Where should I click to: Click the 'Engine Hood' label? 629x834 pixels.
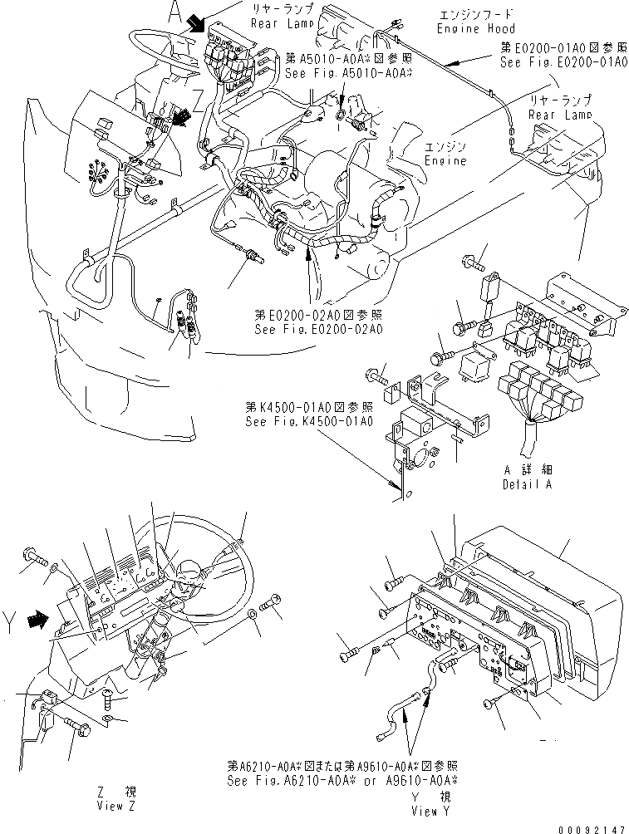pyautogui.click(x=469, y=29)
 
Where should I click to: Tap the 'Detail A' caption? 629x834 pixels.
pyautogui.click(x=526, y=483)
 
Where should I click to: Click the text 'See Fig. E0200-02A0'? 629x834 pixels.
pyautogui.click(x=319, y=329)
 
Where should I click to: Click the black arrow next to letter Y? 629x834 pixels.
pyautogui.click(x=37, y=619)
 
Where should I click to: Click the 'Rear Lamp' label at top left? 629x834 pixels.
pyautogui.click(x=281, y=23)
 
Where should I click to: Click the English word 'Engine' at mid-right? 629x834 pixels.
pyautogui.click(x=445, y=159)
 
